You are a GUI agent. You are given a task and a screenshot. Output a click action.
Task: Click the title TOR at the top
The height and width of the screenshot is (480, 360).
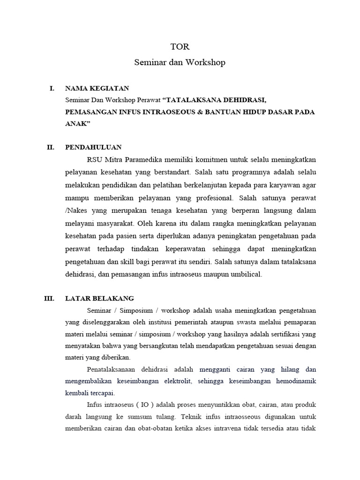click(x=180, y=47)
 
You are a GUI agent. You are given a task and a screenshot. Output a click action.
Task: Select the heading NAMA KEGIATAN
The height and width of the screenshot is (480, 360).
click(x=97, y=88)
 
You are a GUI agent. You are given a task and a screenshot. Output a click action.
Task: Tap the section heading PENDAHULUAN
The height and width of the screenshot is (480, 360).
click(x=94, y=147)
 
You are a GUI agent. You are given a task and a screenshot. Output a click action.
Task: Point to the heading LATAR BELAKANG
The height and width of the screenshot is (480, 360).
click(x=99, y=298)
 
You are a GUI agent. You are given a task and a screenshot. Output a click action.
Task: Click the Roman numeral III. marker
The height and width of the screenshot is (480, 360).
click(x=49, y=298)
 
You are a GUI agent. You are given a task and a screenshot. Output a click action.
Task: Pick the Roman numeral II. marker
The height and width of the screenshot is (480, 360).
click(x=51, y=147)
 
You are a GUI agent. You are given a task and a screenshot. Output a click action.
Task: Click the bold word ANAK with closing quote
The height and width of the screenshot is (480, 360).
click(x=77, y=124)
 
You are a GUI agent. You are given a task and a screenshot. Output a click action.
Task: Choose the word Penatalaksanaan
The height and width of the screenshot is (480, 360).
click(x=115, y=369)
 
